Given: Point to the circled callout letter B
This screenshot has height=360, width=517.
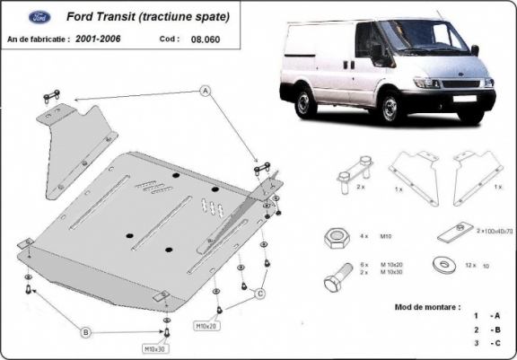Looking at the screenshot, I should pos(85,332).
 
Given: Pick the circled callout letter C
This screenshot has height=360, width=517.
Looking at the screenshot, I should pos(258,294).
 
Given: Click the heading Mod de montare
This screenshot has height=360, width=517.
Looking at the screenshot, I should pos(427,306).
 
